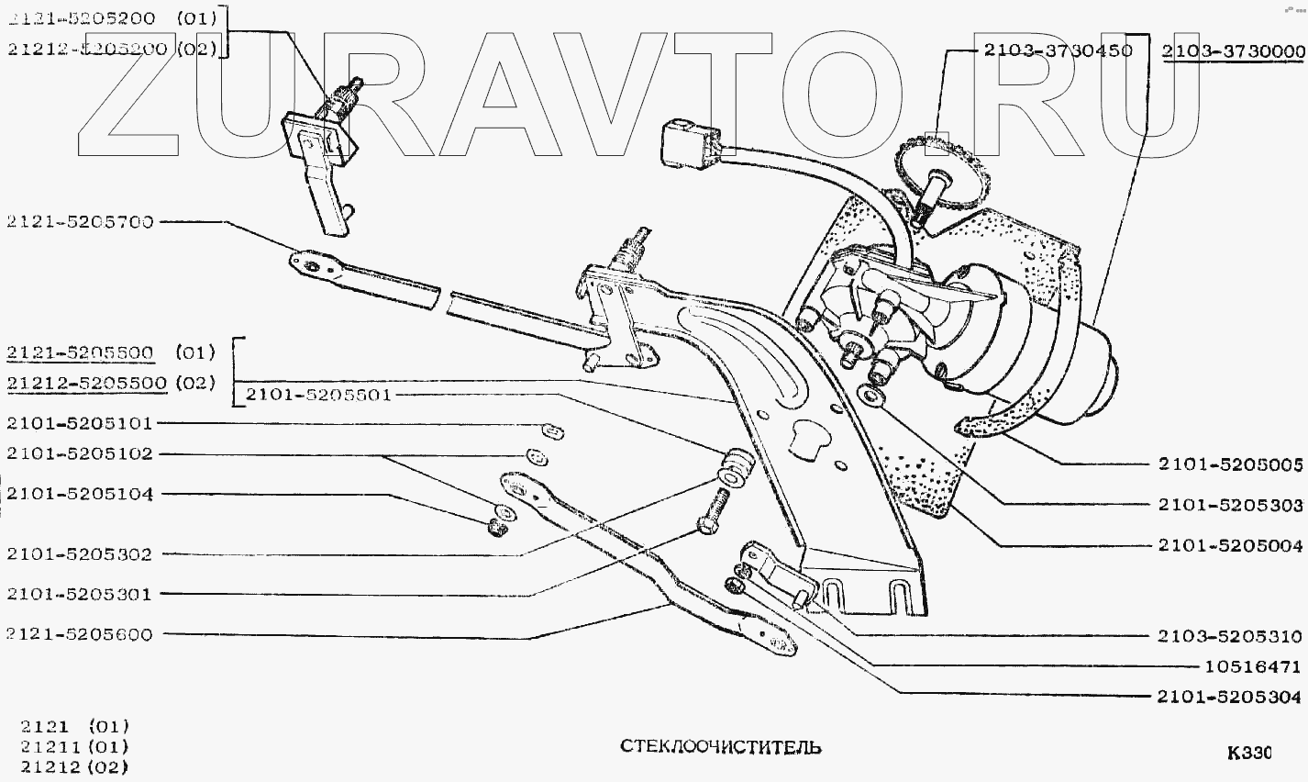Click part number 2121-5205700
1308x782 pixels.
tap(79, 221)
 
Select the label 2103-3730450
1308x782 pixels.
tap(1059, 50)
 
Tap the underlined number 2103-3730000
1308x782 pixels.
tap(1233, 51)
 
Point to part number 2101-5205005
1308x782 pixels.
tap(1230, 466)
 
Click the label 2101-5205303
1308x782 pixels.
tap(1230, 505)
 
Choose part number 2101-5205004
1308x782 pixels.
tap(1230, 545)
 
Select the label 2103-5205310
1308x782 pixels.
tap(1230, 636)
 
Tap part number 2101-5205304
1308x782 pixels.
tap(1230, 697)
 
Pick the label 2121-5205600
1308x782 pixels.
tap(79, 634)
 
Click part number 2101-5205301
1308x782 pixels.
tap(79, 594)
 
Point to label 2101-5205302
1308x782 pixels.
tap(79, 554)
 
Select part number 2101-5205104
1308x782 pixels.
tap(79, 494)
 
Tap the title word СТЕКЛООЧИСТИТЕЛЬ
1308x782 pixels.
tap(721, 746)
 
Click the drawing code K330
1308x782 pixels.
tap(1249, 754)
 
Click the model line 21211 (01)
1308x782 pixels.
tap(74, 746)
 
